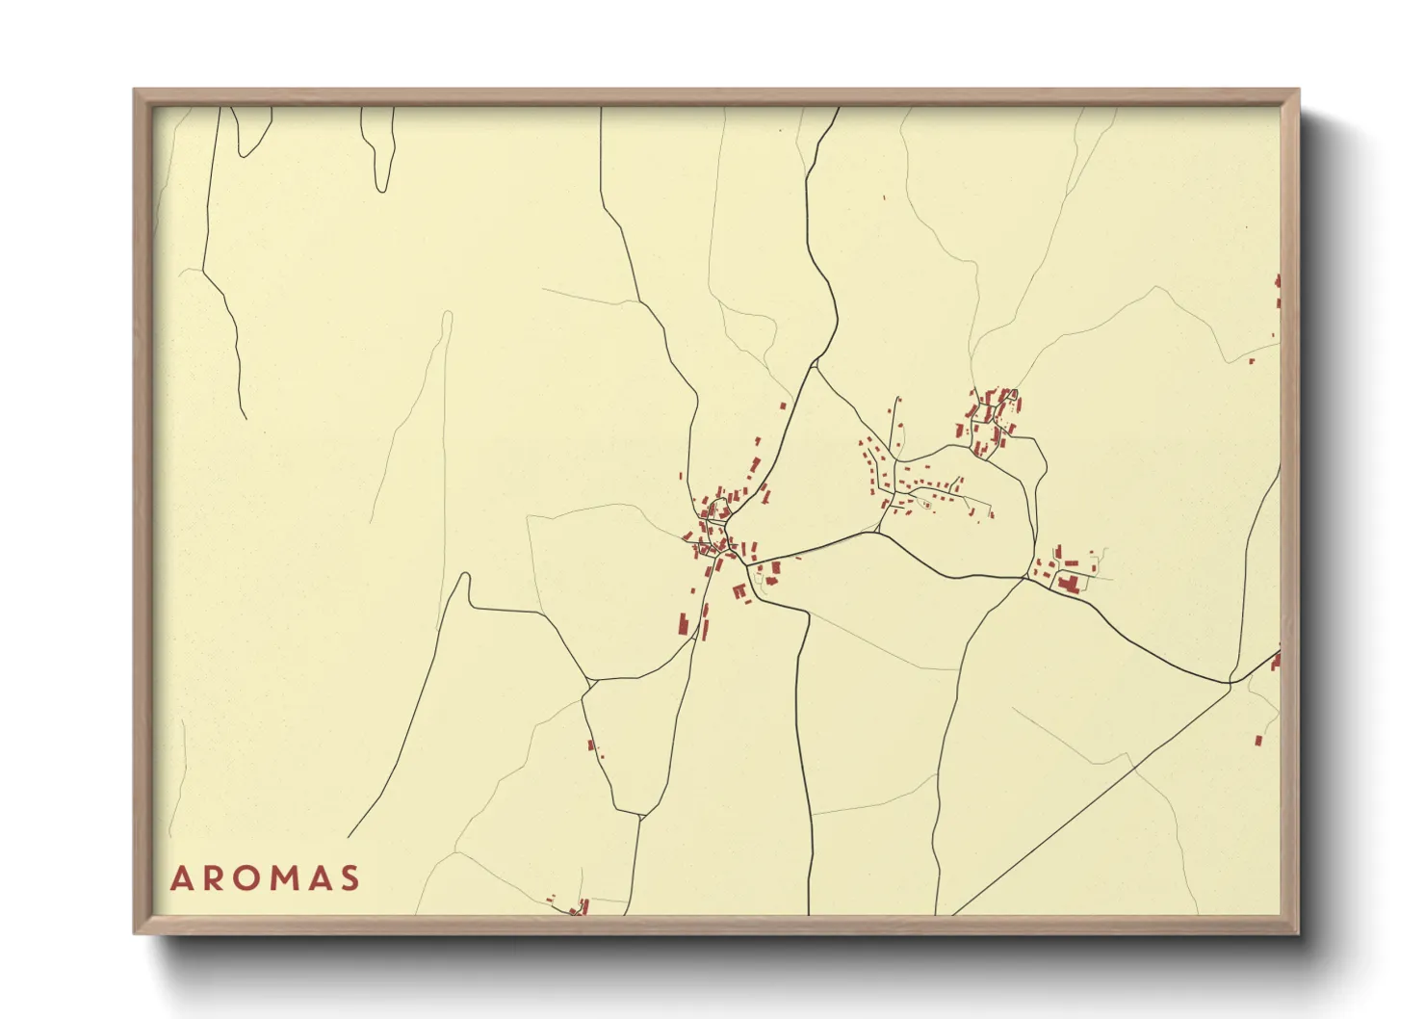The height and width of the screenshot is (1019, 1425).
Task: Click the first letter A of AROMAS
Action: (x=181, y=878)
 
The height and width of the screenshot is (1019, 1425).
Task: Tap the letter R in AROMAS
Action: (x=213, y=878)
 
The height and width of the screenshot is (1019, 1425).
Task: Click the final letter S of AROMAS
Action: (x=350, y=878)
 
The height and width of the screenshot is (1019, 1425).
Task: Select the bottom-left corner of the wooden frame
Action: (x=135, y=932)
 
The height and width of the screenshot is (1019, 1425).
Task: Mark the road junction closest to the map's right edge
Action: (x=1230, y=683)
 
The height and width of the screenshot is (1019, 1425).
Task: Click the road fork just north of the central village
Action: (x=816, y=363)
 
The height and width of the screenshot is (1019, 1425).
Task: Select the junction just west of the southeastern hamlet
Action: (x=1024, y=578)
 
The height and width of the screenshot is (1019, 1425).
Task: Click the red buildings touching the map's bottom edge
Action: (x=580, y=908)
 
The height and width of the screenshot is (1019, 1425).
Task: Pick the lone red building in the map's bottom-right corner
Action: (x=1257, y=741)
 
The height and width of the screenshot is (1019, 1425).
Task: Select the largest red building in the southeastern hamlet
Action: (x=1066, y=582)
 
